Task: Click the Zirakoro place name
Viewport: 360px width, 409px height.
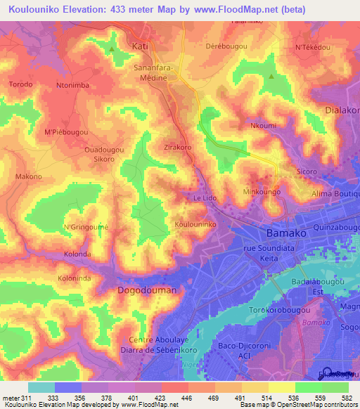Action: pyautogui.click(x=178, y=148)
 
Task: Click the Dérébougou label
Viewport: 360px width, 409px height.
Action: pyautogui.click(x=226, y=46)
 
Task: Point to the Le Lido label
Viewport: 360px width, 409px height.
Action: pyautogui.click(x=205, y=199)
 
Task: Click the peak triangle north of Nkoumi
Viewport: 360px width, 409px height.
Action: pyautogui.click(x=271, y=77)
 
